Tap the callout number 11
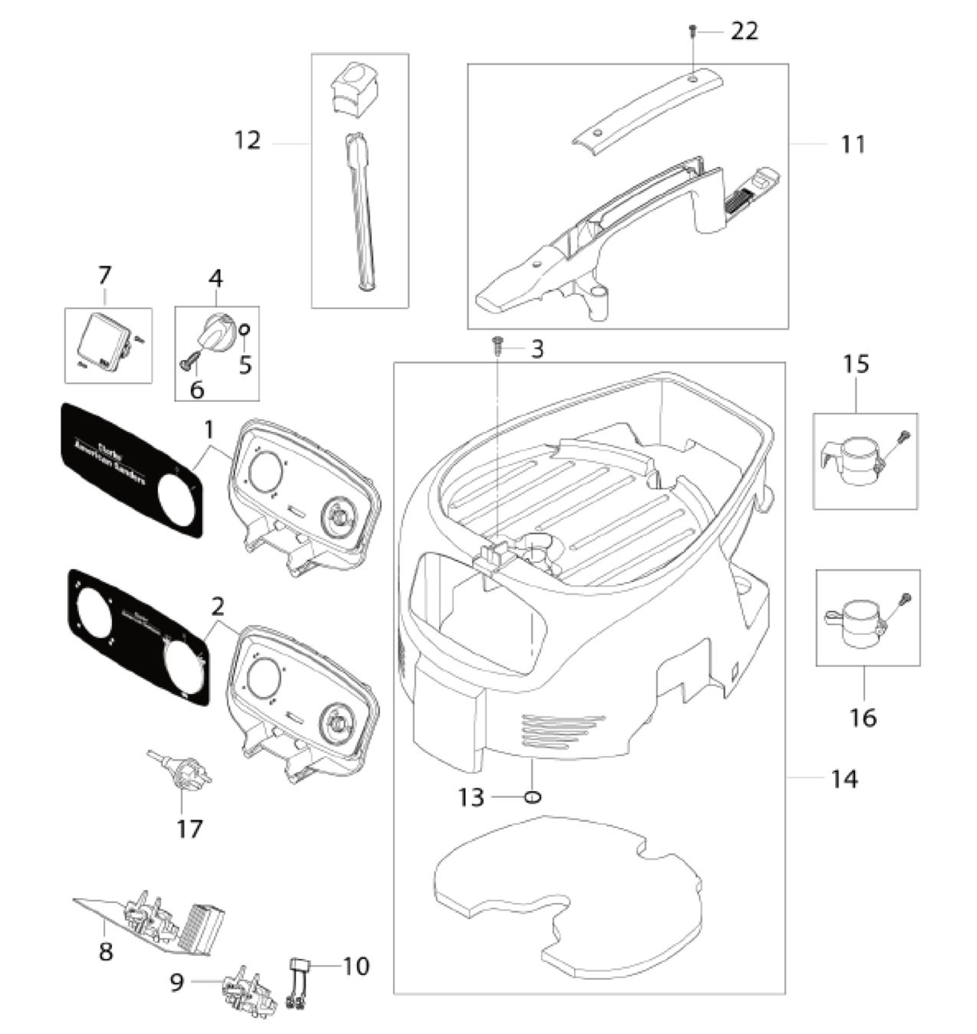coord(852,144)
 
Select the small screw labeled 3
coord(497,347)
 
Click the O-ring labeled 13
coord(533,797)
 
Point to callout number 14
coord(844,779)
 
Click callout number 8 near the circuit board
coord(106,952)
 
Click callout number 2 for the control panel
coord(218,607)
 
